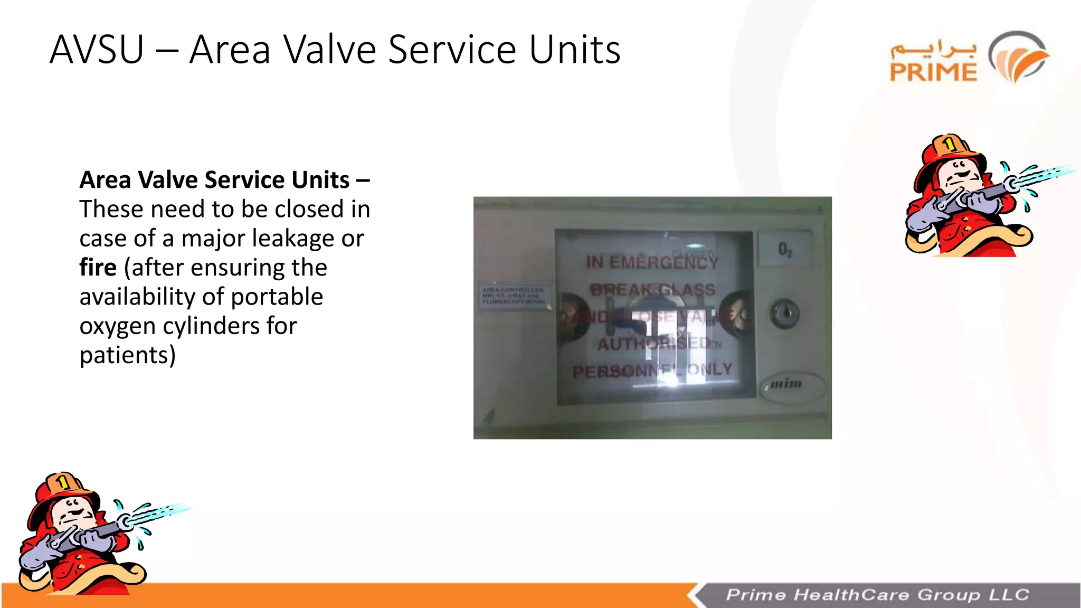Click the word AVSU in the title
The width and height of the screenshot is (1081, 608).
[97, 50]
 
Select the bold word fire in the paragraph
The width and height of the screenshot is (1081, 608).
[98, 268]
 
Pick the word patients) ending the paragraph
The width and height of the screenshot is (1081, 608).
[127, 355]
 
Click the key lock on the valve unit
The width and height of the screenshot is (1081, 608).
[785, 314]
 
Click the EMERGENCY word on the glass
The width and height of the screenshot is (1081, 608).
[664, 262]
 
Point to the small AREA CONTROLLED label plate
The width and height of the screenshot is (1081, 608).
[513, 296]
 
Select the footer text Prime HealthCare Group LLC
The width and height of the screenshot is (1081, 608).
[877, 595]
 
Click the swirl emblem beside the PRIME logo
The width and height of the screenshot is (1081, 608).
[1019, 57]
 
